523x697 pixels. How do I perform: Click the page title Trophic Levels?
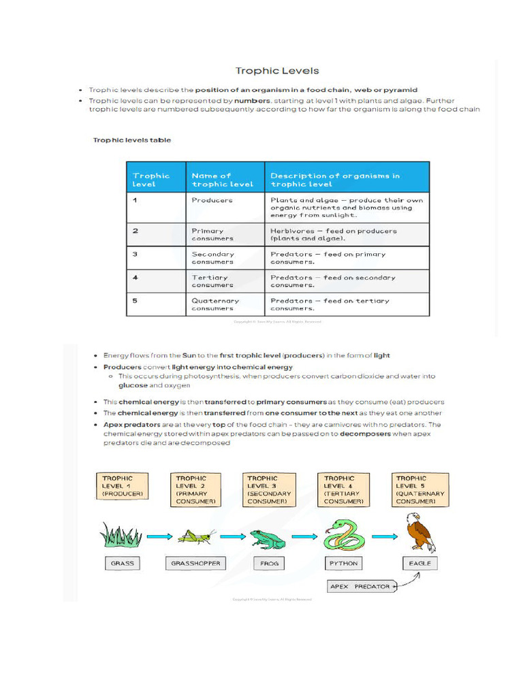[x=276, y=71]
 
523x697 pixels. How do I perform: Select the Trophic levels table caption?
[x=131, y=140]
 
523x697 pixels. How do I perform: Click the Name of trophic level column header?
[x=222, y=180]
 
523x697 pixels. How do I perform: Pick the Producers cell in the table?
[x=212, y=200]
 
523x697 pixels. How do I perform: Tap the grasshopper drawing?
[x=196, y=536]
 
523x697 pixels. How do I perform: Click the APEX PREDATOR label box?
[x=360, y=586]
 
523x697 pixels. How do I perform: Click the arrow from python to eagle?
[x=383, y=536]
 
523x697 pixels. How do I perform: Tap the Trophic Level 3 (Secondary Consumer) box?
[x=269, y=490]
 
